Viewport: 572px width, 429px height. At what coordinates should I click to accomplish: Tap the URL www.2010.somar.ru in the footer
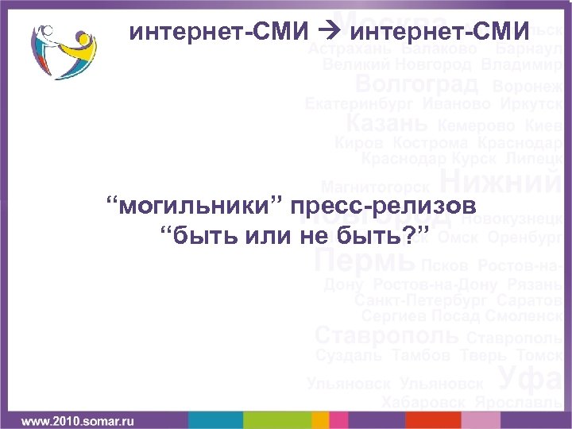76,419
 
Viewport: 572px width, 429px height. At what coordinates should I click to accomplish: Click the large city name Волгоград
417,83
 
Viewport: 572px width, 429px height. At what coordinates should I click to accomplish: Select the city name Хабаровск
424,403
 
